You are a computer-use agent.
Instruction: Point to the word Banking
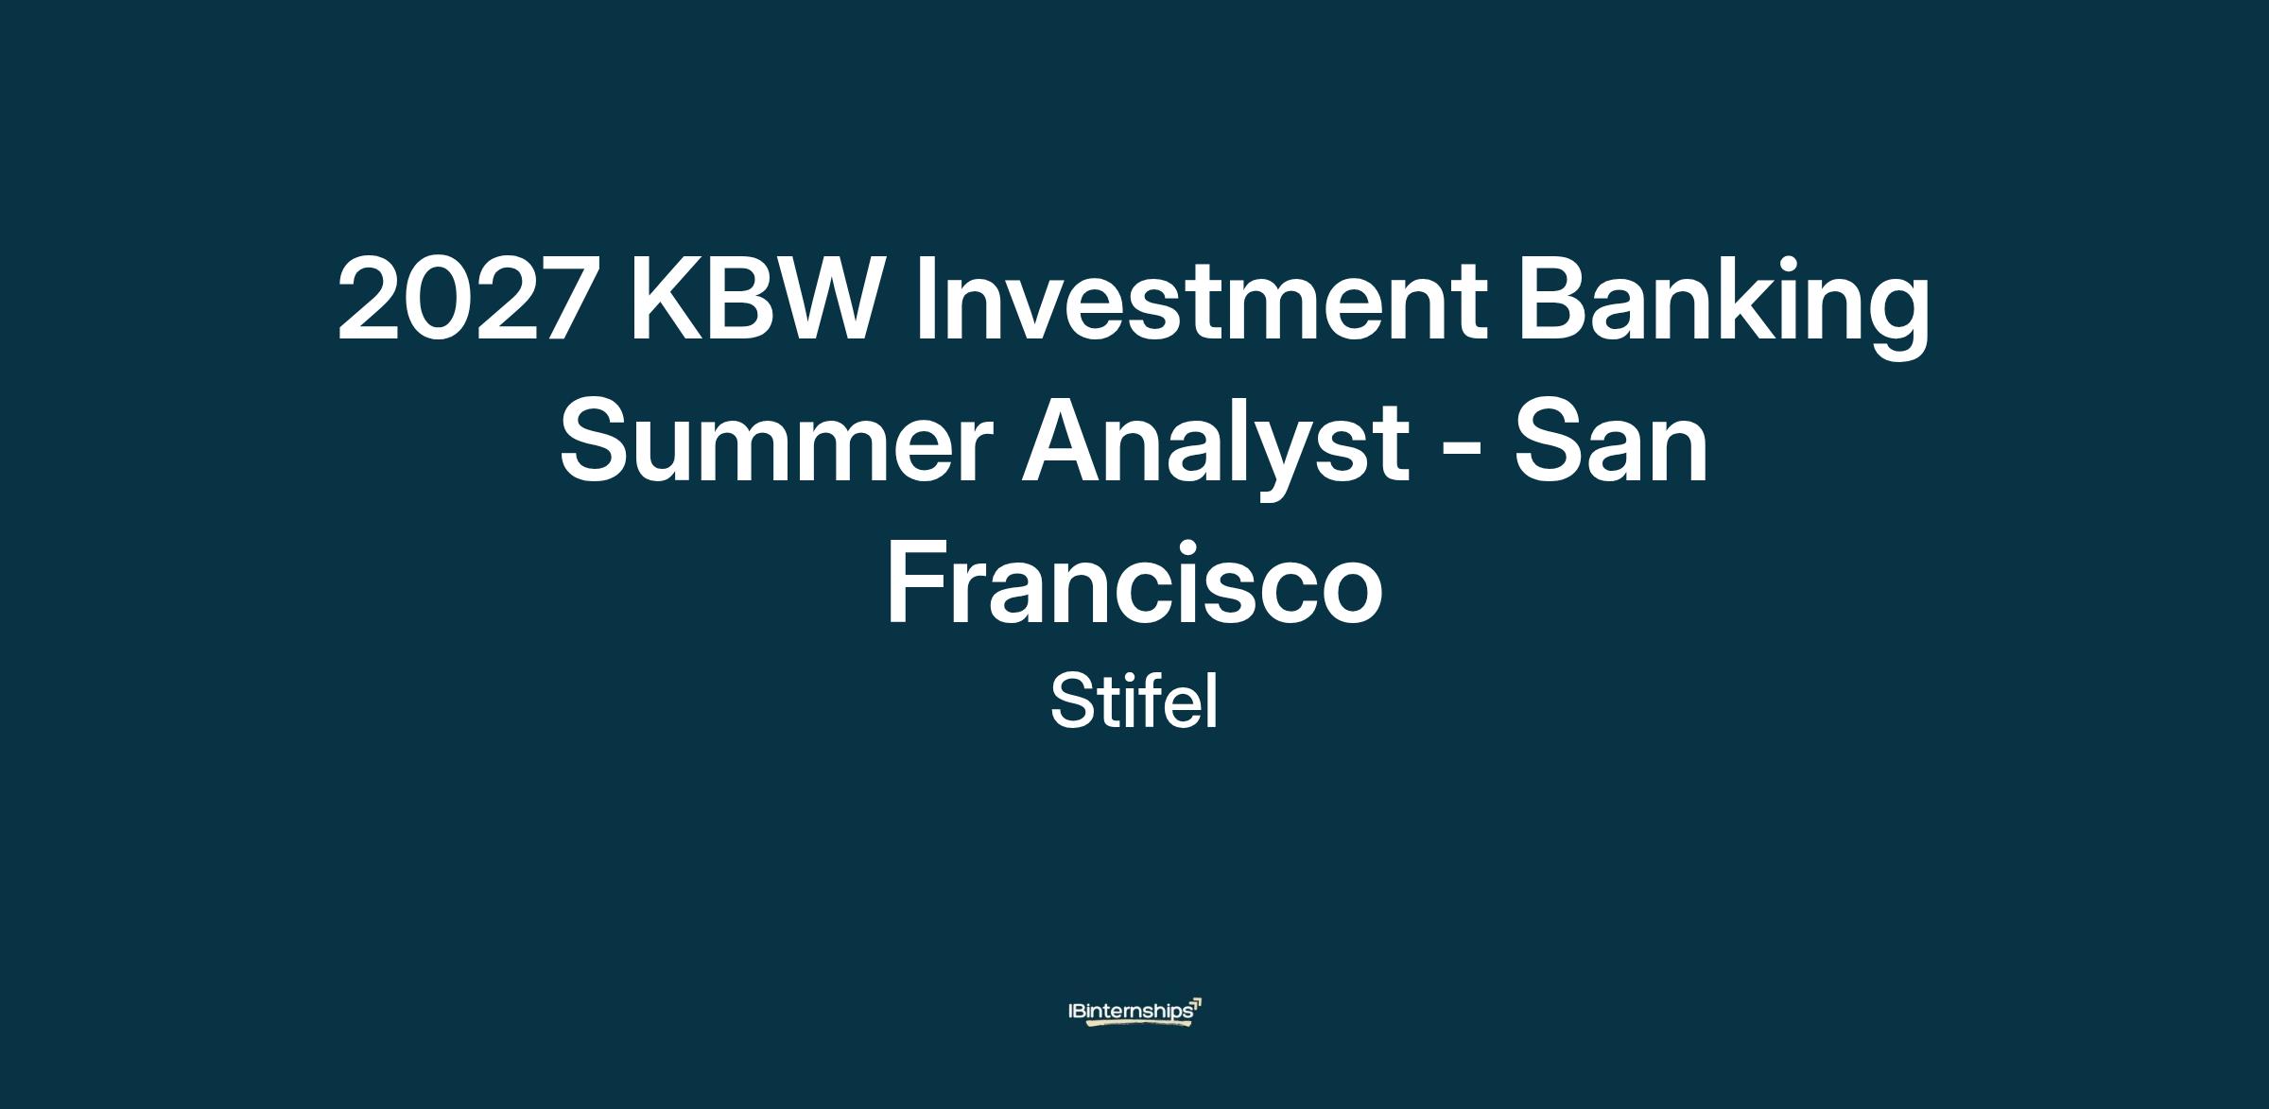[1723, 307]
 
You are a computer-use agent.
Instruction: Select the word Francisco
[1134, 581]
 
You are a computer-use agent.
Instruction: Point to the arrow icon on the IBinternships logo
[1196, 1004]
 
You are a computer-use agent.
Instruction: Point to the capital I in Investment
[926, 298]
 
